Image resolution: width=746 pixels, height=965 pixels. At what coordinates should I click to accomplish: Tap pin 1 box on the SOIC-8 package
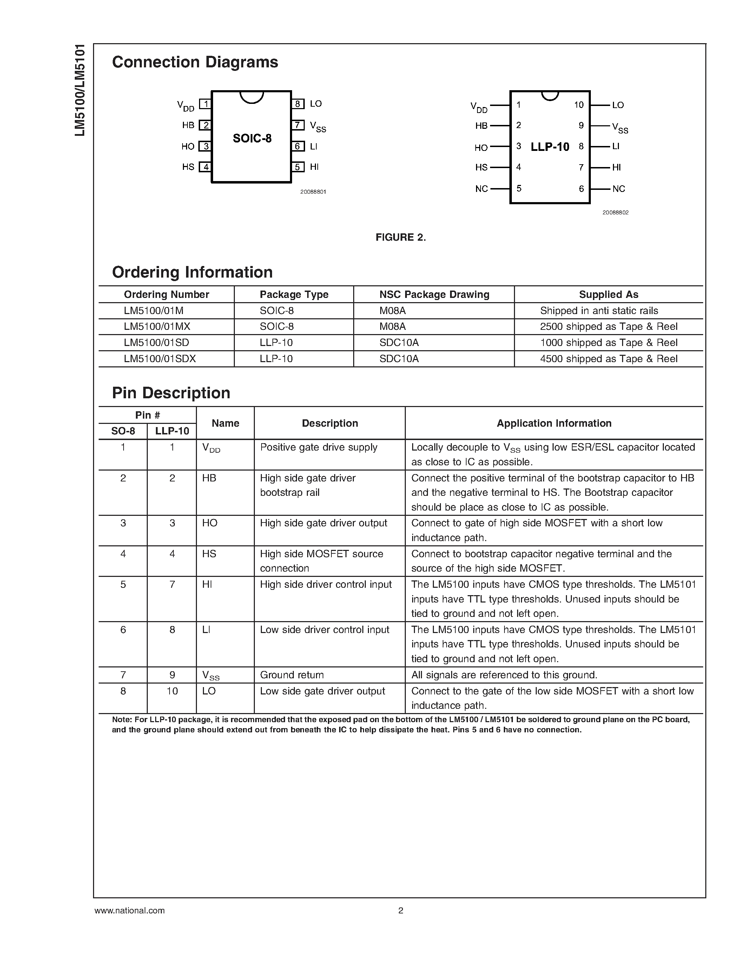coord(205,104)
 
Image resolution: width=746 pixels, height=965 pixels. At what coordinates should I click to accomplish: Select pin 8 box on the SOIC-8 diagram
coord(298,104)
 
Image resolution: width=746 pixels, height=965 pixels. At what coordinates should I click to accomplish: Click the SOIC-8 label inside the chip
coord(252,139)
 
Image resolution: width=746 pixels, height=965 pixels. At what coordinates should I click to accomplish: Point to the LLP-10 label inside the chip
coord(550,147)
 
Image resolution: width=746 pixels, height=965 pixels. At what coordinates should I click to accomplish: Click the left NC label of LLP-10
coord(481,189)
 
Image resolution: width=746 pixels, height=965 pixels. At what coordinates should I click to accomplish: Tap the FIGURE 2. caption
coord(401,238)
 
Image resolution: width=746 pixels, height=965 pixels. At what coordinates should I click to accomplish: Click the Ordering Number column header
coord(166,295)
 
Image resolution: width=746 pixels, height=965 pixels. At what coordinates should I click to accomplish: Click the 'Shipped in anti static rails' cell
coord(599,311)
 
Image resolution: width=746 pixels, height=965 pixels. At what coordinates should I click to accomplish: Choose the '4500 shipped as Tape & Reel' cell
coord(608,359)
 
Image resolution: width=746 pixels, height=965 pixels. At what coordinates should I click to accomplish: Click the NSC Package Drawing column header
coord(434,295)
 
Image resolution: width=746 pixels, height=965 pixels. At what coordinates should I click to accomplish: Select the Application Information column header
coord(554,423)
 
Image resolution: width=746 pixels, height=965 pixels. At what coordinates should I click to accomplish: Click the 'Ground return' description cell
coord(292,675)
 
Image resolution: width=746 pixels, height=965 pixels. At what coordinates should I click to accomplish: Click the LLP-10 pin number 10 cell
coord(172,691)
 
